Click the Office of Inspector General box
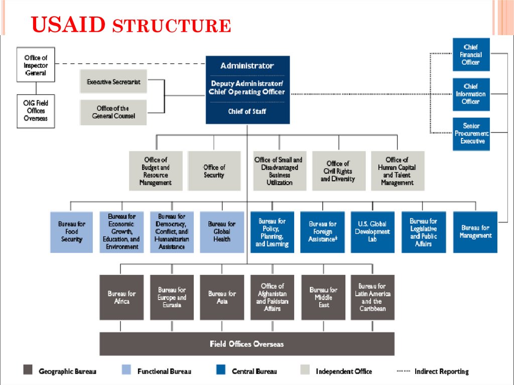[36, 65]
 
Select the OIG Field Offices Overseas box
[36, 111]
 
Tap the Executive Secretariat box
[113, 81]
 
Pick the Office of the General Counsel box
[113, 112]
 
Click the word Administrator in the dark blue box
[247, 66]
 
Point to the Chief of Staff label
[247, 111]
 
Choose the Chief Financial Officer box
[471, 55]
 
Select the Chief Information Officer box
[471, 94]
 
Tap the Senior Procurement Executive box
[471, 134]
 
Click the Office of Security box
[214, 171]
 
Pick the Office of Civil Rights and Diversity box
[338, 171]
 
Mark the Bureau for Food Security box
[72, 231]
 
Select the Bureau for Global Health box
[222, 231]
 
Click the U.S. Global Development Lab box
[372, 231]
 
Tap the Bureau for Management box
[475, 231]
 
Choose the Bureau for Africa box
[121, 297]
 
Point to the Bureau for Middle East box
[323, 297]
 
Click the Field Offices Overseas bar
[247, 344]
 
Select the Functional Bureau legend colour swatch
[126, 370]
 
